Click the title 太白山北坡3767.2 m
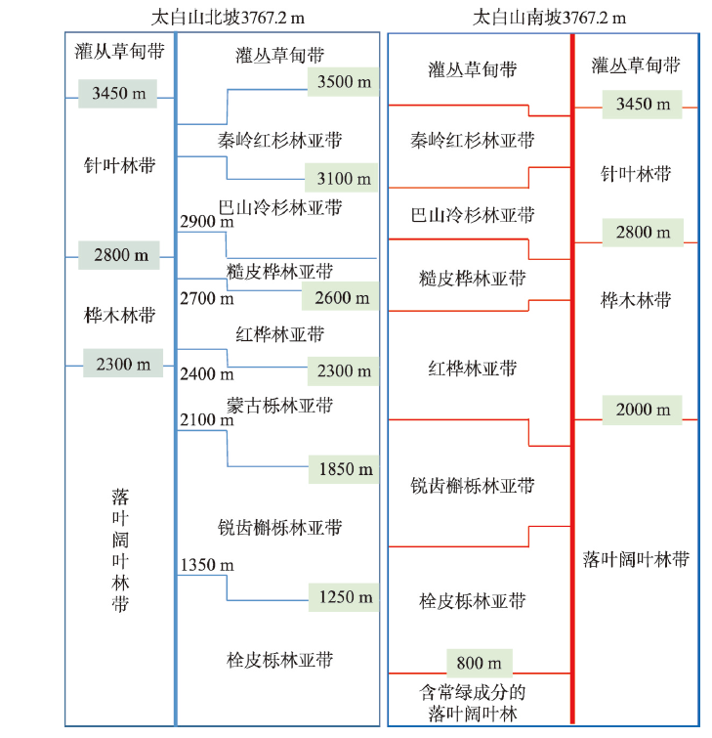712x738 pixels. click(228, 18)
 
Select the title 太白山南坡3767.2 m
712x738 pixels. click(549, 18)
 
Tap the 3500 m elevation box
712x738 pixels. click(343, 82)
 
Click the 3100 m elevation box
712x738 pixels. click(342, 178)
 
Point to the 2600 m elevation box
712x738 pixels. click(340, 296)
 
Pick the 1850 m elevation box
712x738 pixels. click(344, 469)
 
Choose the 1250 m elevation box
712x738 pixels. click(344, 597)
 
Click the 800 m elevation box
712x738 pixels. click(480, 663)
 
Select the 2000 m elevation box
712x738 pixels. click(643, 410)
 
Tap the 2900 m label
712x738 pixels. click(207, 221)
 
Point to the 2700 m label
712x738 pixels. click(207, 298)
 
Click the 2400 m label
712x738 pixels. click(207, 374)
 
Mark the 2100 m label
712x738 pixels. click(207, 420)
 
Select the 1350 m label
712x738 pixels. click(207, 565)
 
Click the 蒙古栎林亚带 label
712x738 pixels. click(279, 406)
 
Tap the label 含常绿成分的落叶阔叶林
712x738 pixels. click(473, 703)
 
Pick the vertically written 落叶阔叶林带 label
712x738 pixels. click(120, 550)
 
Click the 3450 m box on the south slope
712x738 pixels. click(643, 105)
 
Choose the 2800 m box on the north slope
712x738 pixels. click(119, 255)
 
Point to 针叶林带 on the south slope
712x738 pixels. click(636, 174)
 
